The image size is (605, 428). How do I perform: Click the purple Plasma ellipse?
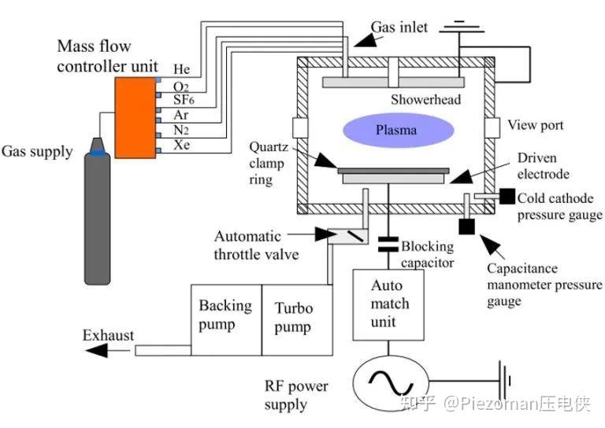coord(395,129)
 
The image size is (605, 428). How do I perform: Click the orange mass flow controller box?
coord(136,116)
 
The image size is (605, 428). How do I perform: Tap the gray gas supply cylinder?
coord(98,216)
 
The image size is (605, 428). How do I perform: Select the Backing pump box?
coord(225,315)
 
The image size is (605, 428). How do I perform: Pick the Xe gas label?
coord(181,146)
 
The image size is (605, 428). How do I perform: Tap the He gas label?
coord(182,70)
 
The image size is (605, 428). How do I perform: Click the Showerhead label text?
coord(425,100)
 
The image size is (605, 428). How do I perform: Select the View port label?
coord(536,125)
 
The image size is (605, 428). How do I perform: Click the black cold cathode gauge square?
coord(507,196)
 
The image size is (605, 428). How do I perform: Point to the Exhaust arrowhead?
coord(96,350)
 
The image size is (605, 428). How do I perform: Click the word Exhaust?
coord(109,335)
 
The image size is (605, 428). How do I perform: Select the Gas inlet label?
coord(401,28)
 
